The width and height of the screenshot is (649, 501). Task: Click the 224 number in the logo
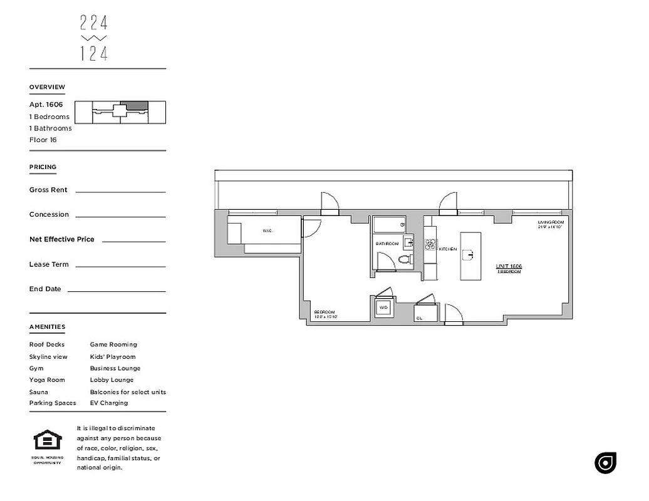pyautogui.click(x=94, y=23)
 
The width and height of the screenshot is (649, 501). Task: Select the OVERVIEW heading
pyautogui.click(x=47, y=87)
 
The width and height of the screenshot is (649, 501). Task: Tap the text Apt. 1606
pyautogui.click(x=46, y=105)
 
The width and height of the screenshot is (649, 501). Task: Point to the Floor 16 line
pyautogui.click(x=43, y=140)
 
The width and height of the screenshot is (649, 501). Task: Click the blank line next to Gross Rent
pyautogui.click(x=120, y=191)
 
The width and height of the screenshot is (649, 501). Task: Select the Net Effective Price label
pyautogui.click(x=61, y=239)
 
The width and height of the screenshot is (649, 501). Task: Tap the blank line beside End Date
pyautogui.click(x=117, y=291)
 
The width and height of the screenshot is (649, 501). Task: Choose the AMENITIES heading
pyautogui.click(x=47, y=327)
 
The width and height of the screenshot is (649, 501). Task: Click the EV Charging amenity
pyautogui.click(x=108, y=403)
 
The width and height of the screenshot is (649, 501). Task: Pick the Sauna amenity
pyautogui.click(x=38, y=392)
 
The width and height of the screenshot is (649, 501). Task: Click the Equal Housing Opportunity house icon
pyautogui.click(x=47, y=441)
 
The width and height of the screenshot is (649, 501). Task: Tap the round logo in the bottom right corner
pyautogui.click(x=605, y=463)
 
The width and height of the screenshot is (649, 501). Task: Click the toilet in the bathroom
pyautogui.click(x=404, y=259)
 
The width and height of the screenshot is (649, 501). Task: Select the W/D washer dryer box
pyautogui.click(x=383, y=308)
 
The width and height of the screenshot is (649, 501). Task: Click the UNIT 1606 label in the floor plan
pyautogui.click(x=509, y=267)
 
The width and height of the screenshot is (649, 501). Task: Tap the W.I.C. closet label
pyautogui.click(x=268, y=231)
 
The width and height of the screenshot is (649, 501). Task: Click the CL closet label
pyautogui.click(x=418, y=318)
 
